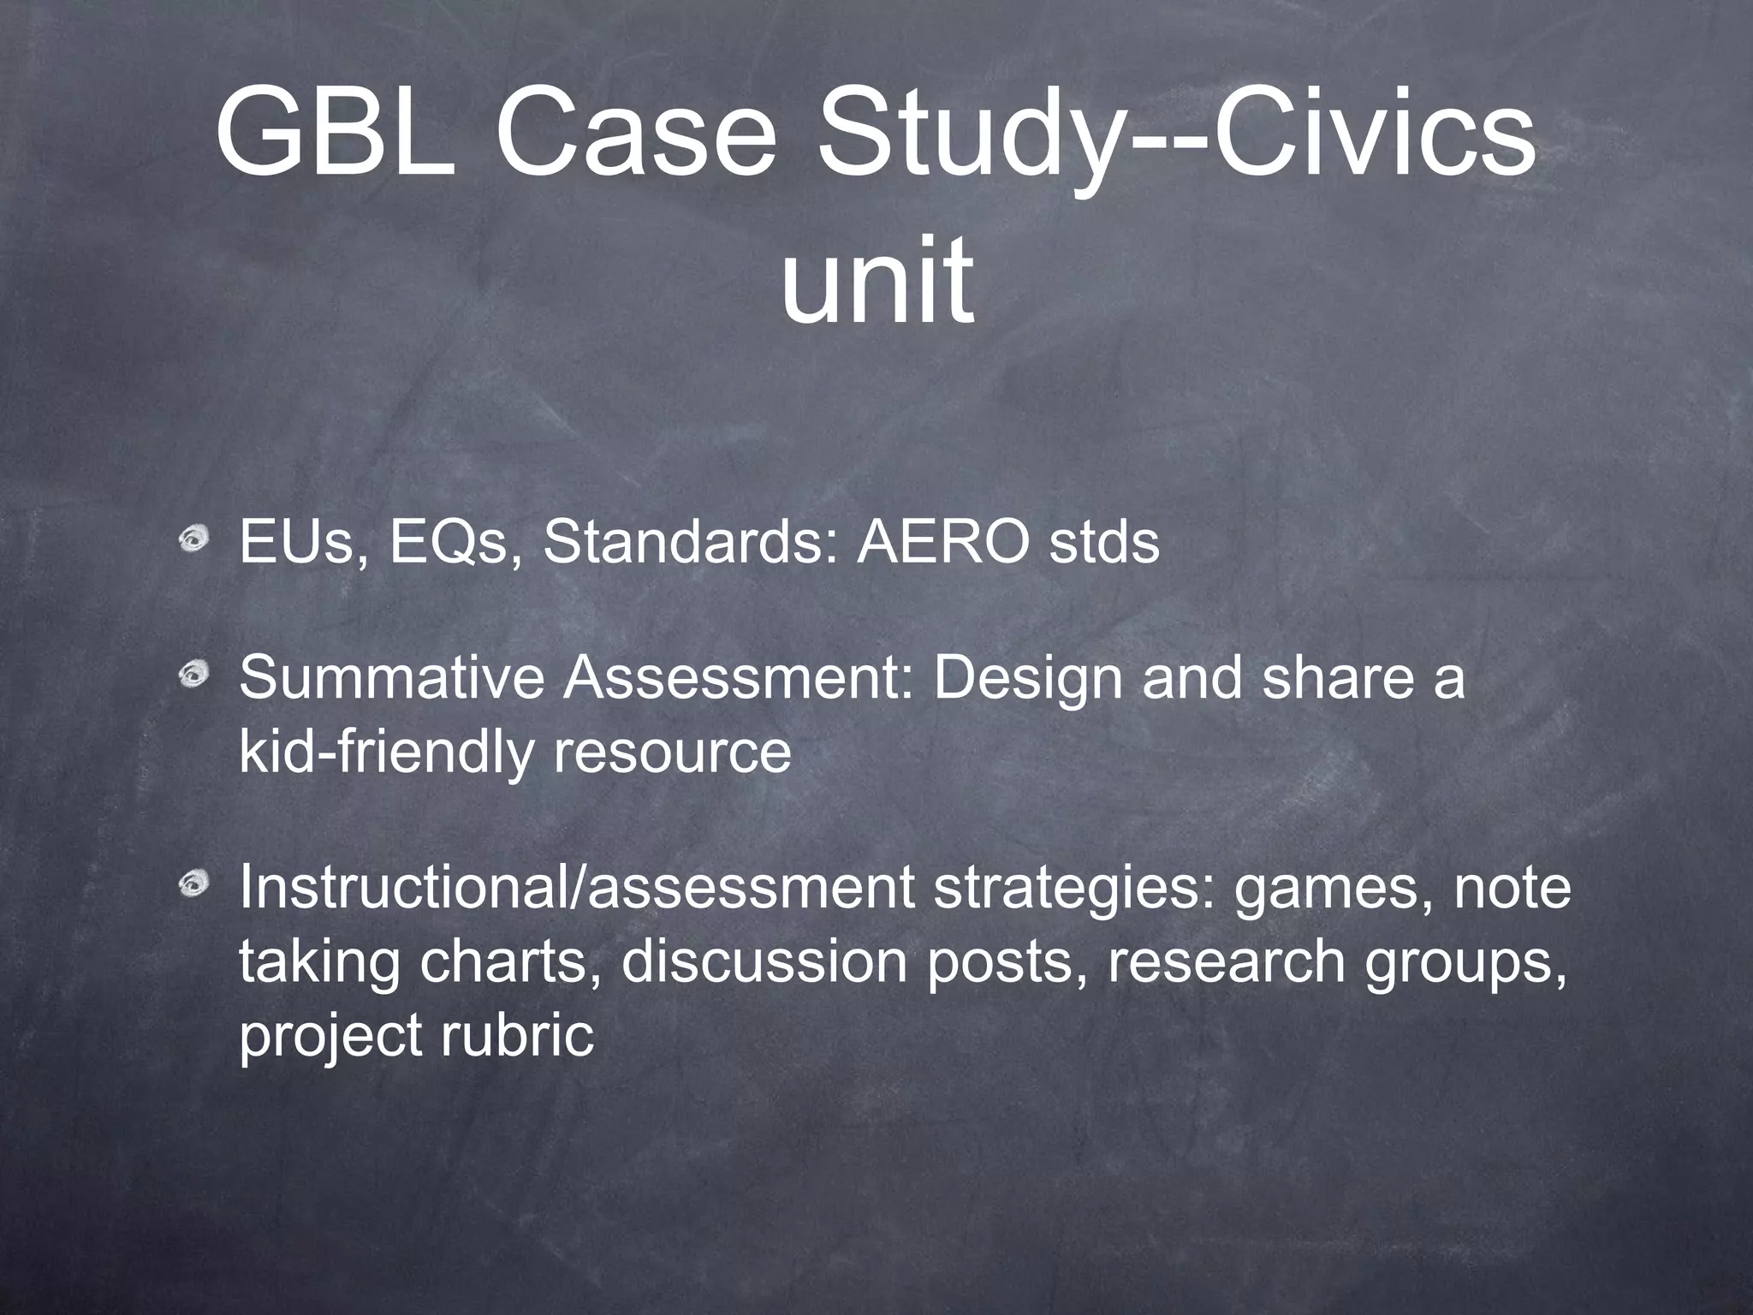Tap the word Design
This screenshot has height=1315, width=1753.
point(1028,681)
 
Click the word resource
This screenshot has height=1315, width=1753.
point(672,753)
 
